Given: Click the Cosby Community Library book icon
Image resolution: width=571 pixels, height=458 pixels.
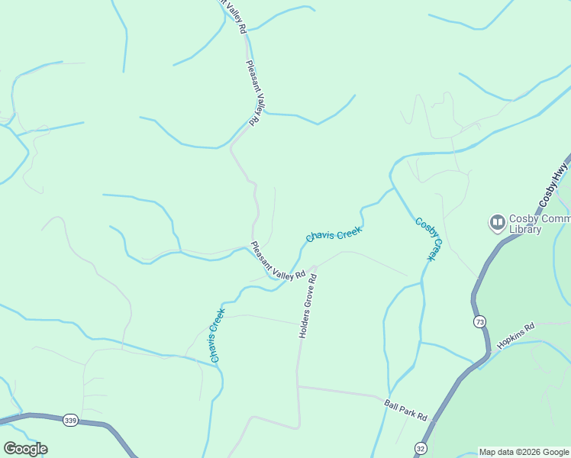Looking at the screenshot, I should click(498, 223).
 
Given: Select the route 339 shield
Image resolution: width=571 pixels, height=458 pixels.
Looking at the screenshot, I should click(71, 420).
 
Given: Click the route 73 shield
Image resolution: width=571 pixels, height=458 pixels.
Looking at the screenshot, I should click(479, 321).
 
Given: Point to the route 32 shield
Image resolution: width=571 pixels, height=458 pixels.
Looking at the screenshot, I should click(421, 447).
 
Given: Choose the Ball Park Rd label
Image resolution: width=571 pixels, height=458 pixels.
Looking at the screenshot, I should click(405, 410).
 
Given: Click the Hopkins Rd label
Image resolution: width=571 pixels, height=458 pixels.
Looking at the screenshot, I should click(516, 336).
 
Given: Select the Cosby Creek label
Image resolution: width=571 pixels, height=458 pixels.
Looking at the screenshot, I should click(429, 239).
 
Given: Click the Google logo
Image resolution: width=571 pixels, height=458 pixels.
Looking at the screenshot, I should click(25, 449).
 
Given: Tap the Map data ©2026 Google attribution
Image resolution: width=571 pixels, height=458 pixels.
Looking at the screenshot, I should click(524, 452).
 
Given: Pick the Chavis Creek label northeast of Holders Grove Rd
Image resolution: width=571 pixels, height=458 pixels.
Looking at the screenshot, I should click(334, 234).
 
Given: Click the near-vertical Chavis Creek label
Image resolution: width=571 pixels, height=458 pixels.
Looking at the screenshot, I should click(216, 334).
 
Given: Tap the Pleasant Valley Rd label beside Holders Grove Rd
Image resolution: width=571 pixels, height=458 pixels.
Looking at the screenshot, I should click(278, 260).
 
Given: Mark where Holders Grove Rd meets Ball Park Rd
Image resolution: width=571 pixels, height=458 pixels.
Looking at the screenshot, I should click(298, 386).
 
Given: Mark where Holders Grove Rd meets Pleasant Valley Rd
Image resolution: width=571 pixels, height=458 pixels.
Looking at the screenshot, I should click(314, 268).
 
